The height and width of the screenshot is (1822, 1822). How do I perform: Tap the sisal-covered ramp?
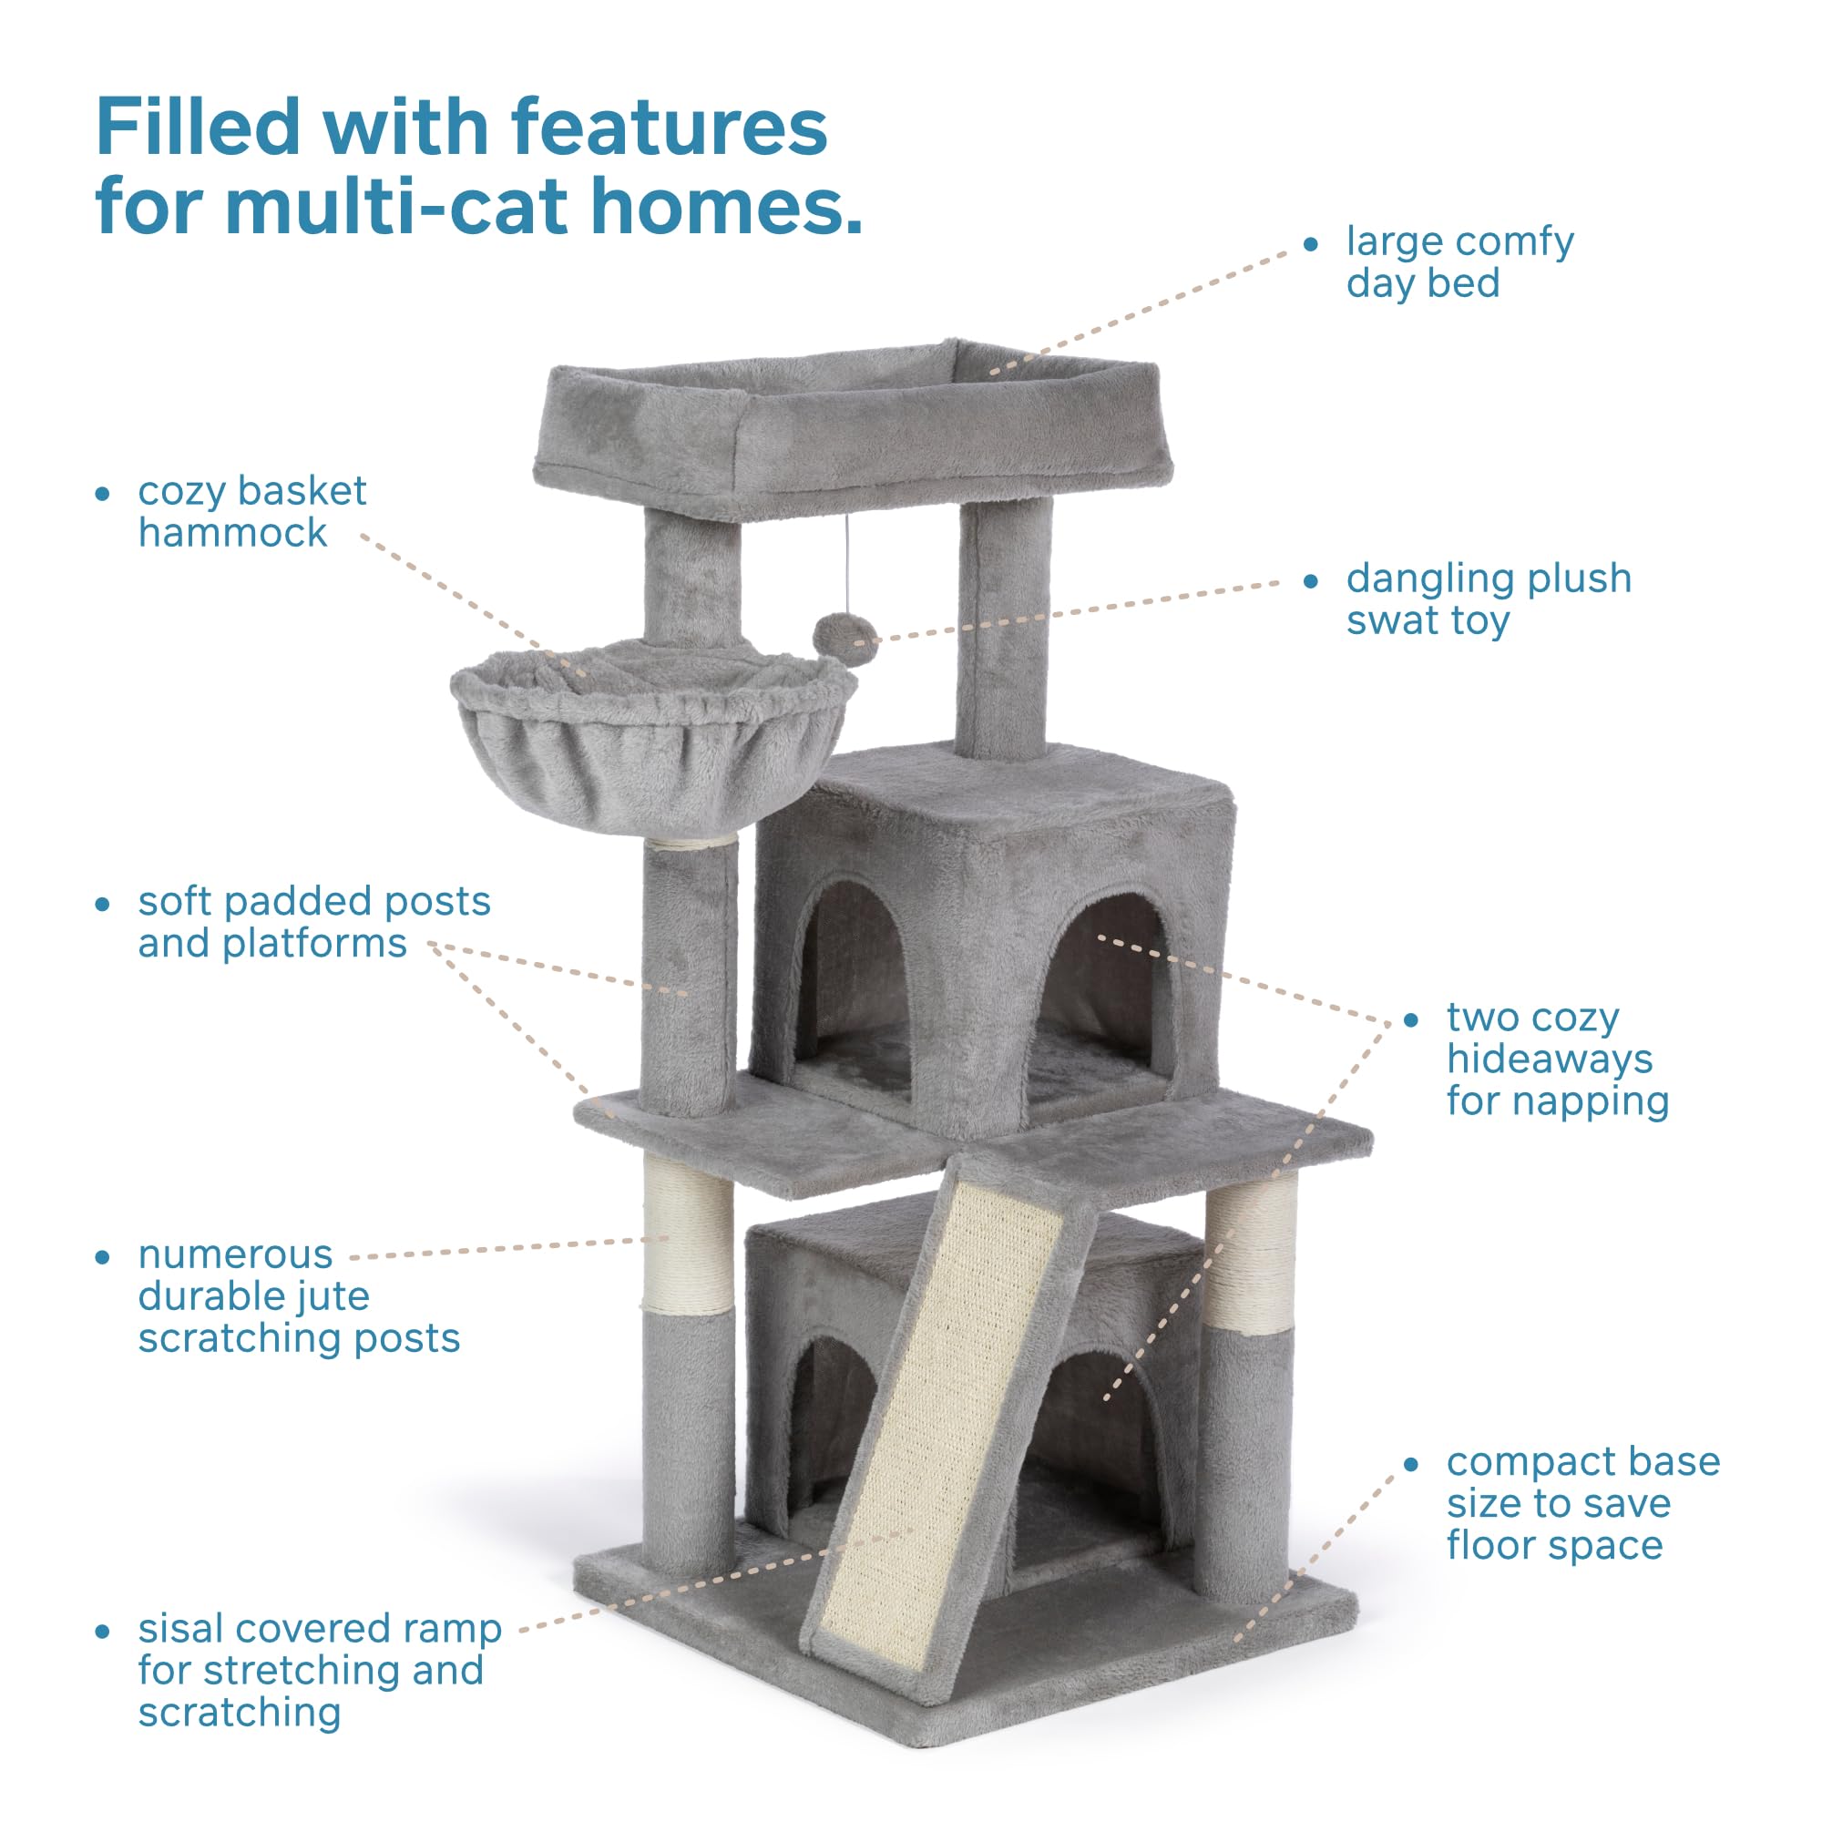pyautogui.click(x=943, y=1415)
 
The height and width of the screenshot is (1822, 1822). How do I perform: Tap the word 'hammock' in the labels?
pyautogui.click(x=232, y=534)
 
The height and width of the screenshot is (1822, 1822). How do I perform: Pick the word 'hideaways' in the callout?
pyautogui.click(x=1550, y=1060)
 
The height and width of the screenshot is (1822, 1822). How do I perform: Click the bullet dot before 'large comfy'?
pyautogui.click(x=1311, y=244)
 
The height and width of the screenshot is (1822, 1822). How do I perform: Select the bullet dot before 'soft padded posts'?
pyautogui.click(x=103, y=905)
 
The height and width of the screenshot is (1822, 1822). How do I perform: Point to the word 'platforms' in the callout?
pyautogui.click(x=314, y=944)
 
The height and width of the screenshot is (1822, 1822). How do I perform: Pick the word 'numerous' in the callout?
pyautogui.click(x=235, y=1255)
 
